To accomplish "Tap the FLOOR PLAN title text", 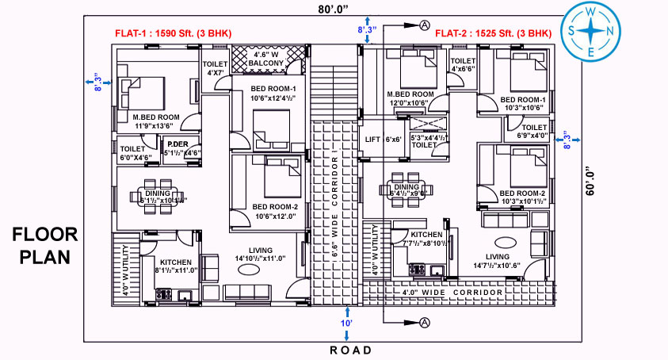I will pyautogui.click(x=45, y=246).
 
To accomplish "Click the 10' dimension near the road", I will pyautogui.click(x=346, y=324).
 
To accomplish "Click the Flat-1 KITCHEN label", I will pyautogui.click(x=176, y=262).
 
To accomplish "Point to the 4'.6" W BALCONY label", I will pyautogui.click(x=266, y=58).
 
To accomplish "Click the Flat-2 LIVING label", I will pyautogui.click(x=498, y=256).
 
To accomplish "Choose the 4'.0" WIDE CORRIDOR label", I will pyautogui.click(x=452, y=293).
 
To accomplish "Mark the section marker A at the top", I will pyautogui.click(x=425, y=25).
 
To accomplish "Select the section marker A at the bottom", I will pyautogui.click(x=425, y=323).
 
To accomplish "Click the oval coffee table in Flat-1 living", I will pyautogui.click(x=250, y=270).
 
